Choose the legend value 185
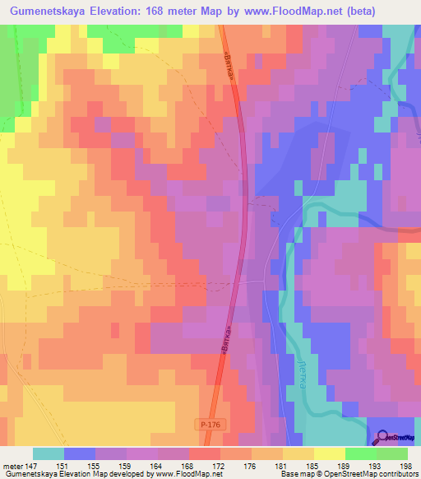click(311, 466)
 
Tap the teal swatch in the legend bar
click(49, 453)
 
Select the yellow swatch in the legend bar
click(329, 453)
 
